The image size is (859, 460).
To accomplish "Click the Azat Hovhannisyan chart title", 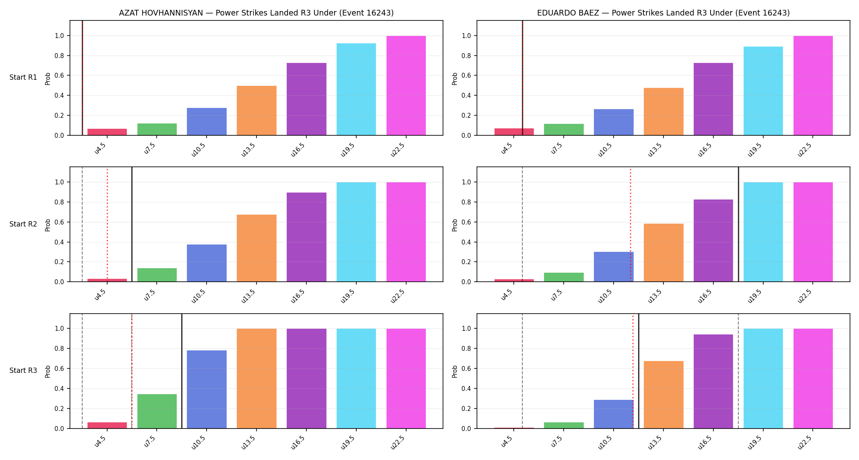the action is pos(256,13).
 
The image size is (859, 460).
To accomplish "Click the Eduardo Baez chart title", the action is pos(663,13).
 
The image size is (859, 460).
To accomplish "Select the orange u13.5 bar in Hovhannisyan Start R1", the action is pos(256,110).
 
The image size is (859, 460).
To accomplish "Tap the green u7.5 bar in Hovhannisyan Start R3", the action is pos(157,411).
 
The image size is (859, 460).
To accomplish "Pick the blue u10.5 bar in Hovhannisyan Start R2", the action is pos(207,263).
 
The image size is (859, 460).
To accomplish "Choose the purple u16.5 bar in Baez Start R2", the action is pos(713,240).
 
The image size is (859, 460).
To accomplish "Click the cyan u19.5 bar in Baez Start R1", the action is pos(763,91).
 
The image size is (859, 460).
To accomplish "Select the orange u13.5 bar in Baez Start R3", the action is pos(663,395).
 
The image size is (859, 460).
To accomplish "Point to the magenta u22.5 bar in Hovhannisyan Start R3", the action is pos(406,379).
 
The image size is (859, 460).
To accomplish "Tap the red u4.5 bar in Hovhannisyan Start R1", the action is pos(107,132).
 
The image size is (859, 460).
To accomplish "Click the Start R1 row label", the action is pos(23,78).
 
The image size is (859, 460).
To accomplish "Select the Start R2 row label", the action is pos(23,224).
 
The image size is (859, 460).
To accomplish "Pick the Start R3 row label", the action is pos(23,370).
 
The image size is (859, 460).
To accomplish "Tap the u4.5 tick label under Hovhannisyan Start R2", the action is pos(100,295).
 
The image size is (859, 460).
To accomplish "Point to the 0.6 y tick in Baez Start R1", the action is pos(467,76).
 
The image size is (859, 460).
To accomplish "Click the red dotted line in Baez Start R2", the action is pos(630,224).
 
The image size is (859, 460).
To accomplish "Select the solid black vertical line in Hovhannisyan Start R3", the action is pos(182,371).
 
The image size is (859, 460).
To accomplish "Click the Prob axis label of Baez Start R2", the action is pos(455,225).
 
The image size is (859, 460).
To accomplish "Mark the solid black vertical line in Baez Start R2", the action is pos(738,224).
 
